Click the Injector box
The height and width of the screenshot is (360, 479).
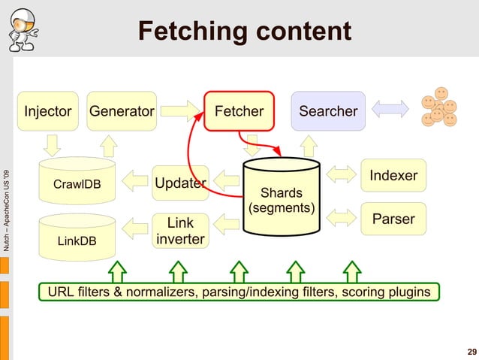[x=48, y=111]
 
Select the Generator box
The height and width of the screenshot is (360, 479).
[x=122, y=111]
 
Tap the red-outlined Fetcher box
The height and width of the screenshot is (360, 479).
[x=239, y=111]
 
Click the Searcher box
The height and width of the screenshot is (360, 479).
[x=328, y=111]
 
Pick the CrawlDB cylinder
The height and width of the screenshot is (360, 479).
[x=77, y=183]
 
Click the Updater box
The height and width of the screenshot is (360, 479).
[x=179, y=183]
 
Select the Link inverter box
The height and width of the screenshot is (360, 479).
[x=180, y=231]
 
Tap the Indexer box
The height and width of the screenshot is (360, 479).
[x=393, y=176]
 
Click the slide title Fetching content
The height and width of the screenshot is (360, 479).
[x=245, y=32]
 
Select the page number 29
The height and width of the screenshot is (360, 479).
[x=471, y=352]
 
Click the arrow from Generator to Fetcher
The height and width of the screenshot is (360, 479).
[x=180, y=111]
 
